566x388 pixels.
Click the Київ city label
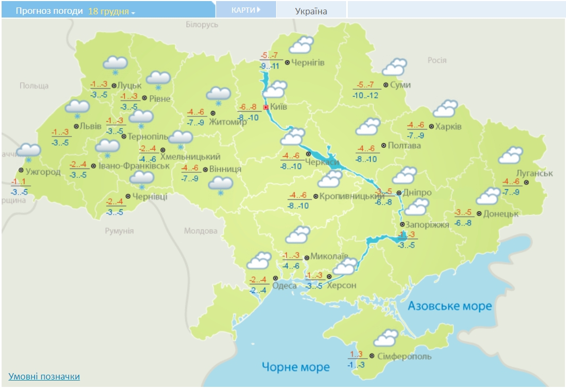(x=279, y=107)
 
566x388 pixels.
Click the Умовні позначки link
(x=44, y=376)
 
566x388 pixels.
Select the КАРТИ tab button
(x=246, y=10)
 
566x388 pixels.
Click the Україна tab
(x=311, y=11)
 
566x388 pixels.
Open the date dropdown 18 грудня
(x=111, y=11)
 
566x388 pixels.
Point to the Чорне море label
(x=296, y=367)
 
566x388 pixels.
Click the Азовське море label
(x=450, y=306)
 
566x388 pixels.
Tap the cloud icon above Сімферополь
(x=386, y=338)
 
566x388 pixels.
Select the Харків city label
(x=448, y=127)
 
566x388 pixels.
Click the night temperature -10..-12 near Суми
(x=366, y=95)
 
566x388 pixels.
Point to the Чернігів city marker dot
(x=288, y=62)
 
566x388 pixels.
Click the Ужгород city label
(x=43, y=172)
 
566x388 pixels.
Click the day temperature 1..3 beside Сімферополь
(x=356, y=355)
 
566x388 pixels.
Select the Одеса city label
(x=284, y=286)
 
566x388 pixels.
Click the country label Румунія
(x=119, y=231)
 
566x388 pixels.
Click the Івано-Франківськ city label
(x=134, y=166)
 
